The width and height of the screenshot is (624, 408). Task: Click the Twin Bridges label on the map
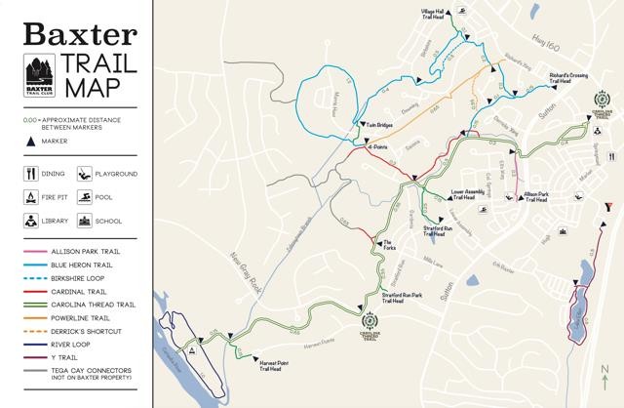(379, 126)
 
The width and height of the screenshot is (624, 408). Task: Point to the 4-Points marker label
(381, 146)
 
